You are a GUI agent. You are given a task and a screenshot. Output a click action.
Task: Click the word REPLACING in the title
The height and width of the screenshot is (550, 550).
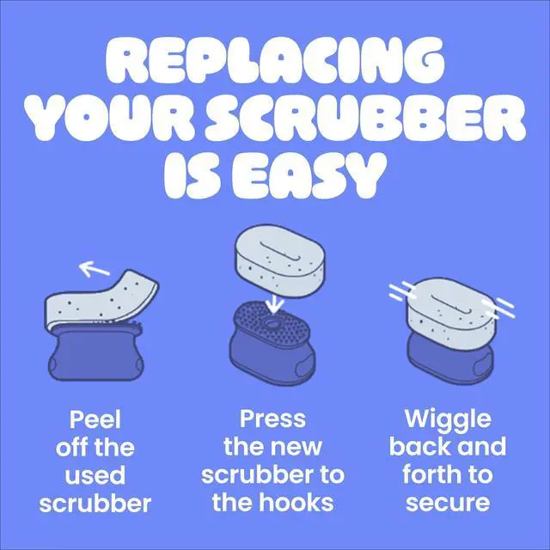pos(275,60)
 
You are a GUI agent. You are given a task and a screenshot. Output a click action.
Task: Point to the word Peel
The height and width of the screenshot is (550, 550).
pos(95,419)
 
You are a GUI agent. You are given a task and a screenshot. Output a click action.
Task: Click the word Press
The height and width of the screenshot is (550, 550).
pos(272,419)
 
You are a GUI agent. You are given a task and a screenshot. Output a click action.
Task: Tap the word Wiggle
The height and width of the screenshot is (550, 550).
pos(448,421)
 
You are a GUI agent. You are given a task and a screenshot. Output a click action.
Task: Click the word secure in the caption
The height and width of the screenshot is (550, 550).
pos(448,504)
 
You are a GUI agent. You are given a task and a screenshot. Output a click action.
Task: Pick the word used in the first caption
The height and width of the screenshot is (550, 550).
pos(95,475)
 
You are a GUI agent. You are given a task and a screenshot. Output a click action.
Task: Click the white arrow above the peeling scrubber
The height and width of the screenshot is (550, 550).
pos(94,268)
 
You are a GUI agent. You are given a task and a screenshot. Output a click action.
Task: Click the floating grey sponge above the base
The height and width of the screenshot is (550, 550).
pos(279,261)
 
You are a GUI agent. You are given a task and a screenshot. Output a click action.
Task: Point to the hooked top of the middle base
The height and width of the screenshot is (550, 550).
pos(272,321)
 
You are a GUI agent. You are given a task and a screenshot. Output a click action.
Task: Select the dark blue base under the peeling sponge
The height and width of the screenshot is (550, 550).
pos(95,352)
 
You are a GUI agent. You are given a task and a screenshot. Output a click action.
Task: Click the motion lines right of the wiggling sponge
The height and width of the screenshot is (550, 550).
pos(498,308)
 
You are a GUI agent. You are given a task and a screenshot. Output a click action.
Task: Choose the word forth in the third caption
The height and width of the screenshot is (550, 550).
pos(432,474)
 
